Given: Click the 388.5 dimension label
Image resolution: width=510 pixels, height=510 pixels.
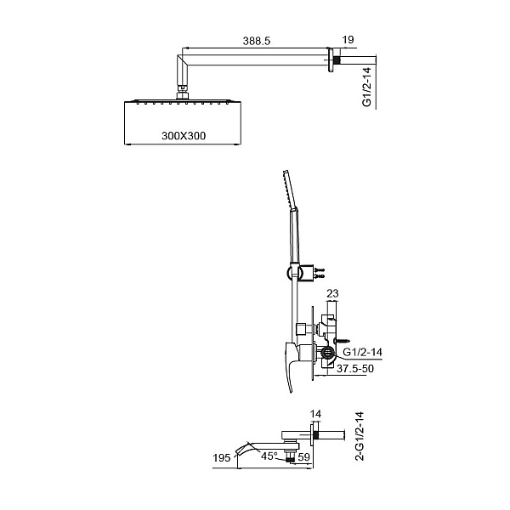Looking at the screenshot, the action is point(257,41).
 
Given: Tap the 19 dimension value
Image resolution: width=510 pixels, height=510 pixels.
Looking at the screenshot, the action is point(348,40).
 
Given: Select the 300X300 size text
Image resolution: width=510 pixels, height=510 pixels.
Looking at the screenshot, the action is point(184,135).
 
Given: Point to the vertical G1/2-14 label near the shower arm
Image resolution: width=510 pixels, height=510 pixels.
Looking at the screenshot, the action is point(366,87).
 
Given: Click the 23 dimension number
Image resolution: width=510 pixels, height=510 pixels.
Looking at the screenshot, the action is point(332,293).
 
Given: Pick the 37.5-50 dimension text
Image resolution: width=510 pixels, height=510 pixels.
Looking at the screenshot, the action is point(355,369).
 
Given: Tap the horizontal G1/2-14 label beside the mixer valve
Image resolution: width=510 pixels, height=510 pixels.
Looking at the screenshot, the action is point(363,352).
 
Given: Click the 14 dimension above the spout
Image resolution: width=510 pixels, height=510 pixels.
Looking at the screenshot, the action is point(315,414).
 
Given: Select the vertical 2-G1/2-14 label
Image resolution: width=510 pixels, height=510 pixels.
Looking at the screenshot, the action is point(360,436).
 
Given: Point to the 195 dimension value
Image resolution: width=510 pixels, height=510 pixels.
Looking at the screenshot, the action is point(222,457).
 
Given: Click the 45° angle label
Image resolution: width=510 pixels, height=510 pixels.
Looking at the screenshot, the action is point(269,456).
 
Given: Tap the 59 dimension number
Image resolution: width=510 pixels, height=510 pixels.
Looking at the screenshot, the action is point(303,457).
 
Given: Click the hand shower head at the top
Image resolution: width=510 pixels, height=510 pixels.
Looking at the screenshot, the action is point(290,190).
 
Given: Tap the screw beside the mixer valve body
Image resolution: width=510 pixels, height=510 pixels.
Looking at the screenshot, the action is point(342,341).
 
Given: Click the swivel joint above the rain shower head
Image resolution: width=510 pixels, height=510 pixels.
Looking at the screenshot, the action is point(182,92).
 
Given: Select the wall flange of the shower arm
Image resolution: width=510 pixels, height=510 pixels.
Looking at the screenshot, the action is point(331,60).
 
